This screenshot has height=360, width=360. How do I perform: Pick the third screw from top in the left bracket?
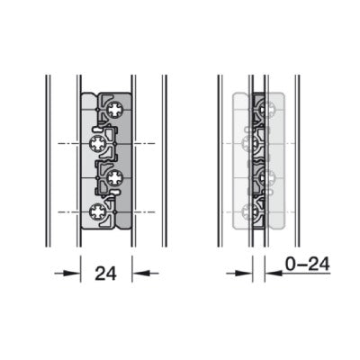[114, 177]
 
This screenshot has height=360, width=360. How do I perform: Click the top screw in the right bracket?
[266, 111]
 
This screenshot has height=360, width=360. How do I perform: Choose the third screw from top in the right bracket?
[266, 177]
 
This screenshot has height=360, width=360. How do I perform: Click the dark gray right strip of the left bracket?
[127, 162]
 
